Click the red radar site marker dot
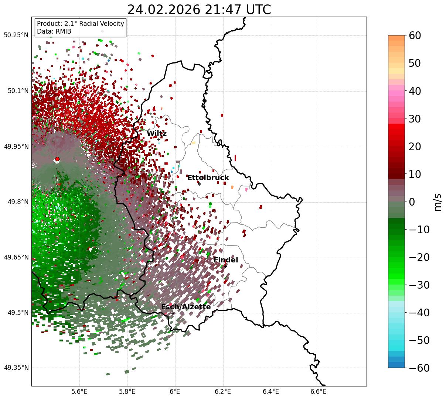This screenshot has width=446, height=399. tap(57, 159)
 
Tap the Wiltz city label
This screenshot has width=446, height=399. tap(157, 134)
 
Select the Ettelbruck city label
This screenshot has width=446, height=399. tap(208, 178)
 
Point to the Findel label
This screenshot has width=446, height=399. tap(226, 260)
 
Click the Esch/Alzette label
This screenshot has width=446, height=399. tap(186, 307)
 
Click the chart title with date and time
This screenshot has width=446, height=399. tap(199, 10)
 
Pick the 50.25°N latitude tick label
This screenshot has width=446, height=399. tap(16, 35)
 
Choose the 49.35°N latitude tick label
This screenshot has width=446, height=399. tap(16, 368)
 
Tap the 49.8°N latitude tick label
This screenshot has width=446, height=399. tap(18, 202)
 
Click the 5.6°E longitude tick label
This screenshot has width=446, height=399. tap(79, 392)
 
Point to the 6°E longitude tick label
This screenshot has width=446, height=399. tap(175, 392)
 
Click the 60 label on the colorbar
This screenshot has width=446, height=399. tap(415, 35)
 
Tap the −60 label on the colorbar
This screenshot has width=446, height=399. tap(418, 368)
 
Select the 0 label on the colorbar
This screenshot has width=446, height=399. tap(412, 202)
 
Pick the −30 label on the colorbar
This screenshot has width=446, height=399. tap(418, 285)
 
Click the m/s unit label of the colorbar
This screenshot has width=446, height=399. tap(438, 202)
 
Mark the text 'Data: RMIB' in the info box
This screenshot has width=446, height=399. tap(54, 31)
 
